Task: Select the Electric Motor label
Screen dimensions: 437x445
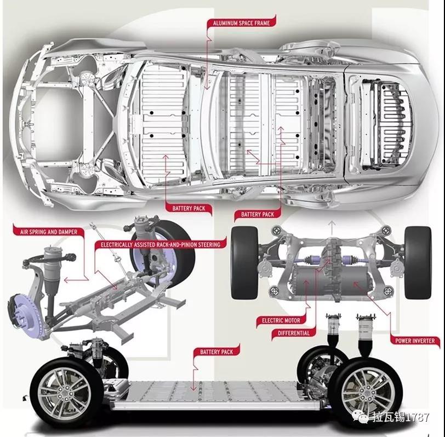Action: click(x=281, y=320)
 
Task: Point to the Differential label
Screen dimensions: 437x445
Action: click(x=293, y=332)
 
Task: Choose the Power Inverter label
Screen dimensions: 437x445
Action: click(x=414, y=341)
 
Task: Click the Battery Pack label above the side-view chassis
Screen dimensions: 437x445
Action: click(x=217, y=352)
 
